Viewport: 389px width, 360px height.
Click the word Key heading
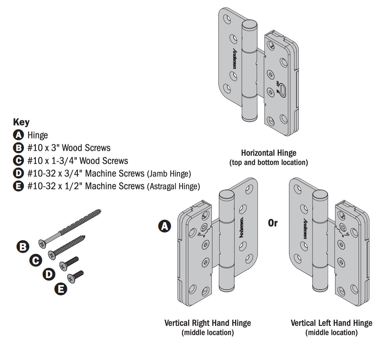click(21, 122)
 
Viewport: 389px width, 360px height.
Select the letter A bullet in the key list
click(18, 135)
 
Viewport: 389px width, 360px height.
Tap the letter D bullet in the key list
click(18, 174)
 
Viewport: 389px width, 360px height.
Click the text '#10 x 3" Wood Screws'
click(69, 148)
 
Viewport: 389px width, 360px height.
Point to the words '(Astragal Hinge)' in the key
click(173, 186)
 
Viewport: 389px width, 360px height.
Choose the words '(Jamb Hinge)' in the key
click(169, 174)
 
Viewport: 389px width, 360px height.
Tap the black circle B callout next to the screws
click(23, 247)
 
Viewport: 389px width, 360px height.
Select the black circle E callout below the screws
click(61, 289)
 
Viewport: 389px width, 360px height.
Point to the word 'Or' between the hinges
click(273, 223)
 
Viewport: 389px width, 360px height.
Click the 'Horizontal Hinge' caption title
click(268, 153)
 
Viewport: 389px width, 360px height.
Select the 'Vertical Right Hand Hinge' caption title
click(208, 323)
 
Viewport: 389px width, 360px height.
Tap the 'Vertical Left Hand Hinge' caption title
click(331, 323)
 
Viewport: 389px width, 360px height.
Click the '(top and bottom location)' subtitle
click(268, 163)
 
